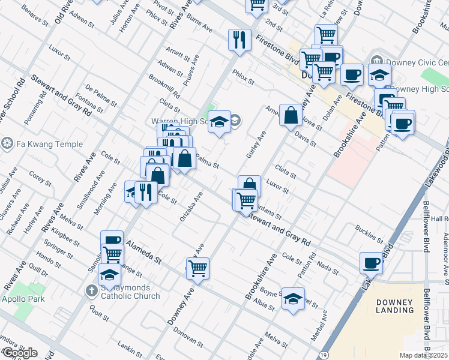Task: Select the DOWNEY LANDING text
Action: point(396,306)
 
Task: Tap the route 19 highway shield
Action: point(324,355)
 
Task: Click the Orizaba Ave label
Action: point(191,207)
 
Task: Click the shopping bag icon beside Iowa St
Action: point(291,115)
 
